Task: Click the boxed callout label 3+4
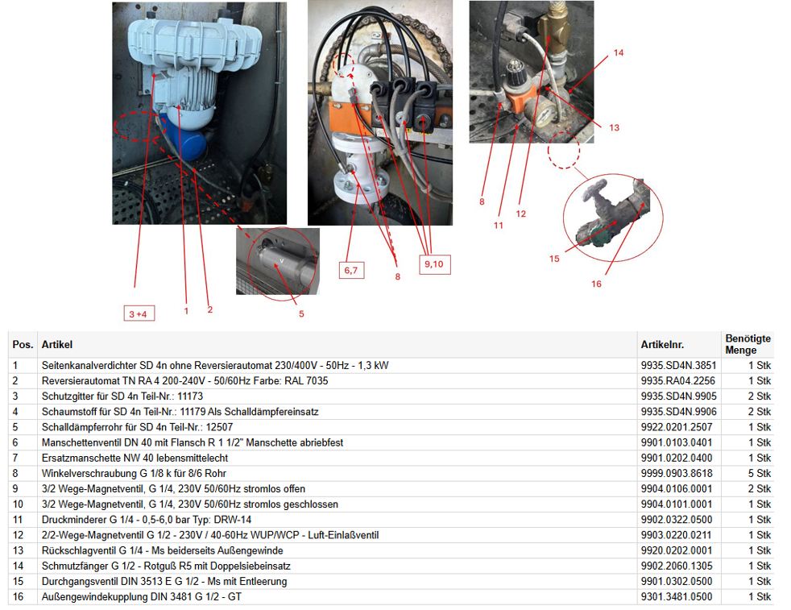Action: click(139, 313)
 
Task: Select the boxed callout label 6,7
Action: click(351, 270)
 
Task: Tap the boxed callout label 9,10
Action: click(434, 264)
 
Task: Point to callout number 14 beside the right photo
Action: click(619, 52)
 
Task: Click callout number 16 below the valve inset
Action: click(596, 284)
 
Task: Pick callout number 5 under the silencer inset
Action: click(301, 313)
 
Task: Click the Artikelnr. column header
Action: click(662, 345)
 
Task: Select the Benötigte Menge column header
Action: click(748, 344)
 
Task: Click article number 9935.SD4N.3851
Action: click(678, 365)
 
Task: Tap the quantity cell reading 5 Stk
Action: click(760, 473)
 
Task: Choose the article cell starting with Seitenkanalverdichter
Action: click(215, 365)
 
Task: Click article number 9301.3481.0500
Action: click(677, 597)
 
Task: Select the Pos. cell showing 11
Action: click(18, 520)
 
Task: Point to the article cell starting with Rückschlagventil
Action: click(162, 550)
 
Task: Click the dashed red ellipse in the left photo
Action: click(135, 127)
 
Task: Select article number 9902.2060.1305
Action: click(677, 566)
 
